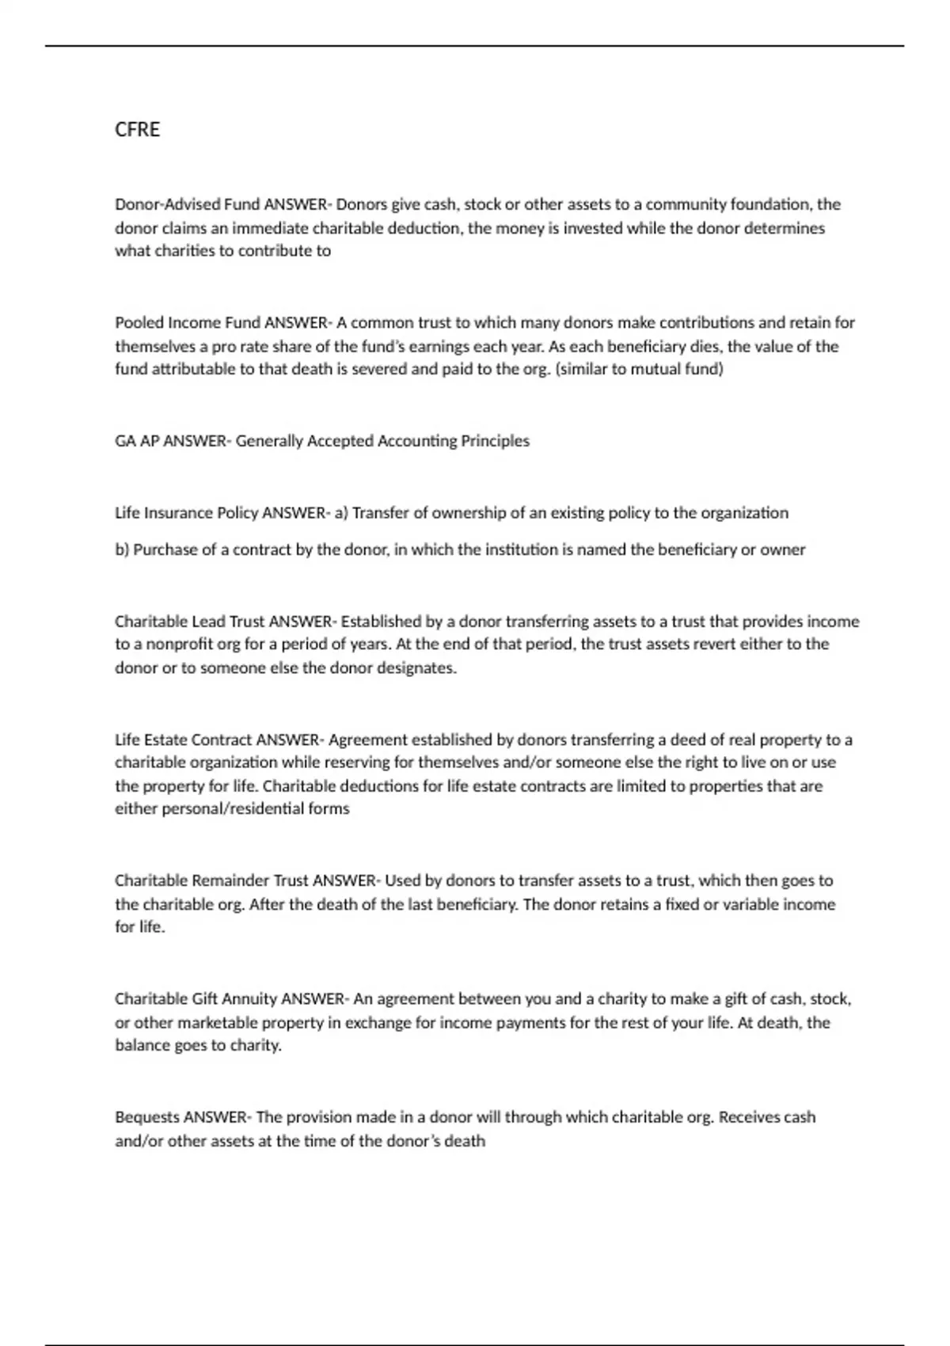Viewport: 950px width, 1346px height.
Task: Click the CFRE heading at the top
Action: pyautogui.click(x=137, y=129)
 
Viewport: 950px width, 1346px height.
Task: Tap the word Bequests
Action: pyautogui.click(x=147, y=1117)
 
